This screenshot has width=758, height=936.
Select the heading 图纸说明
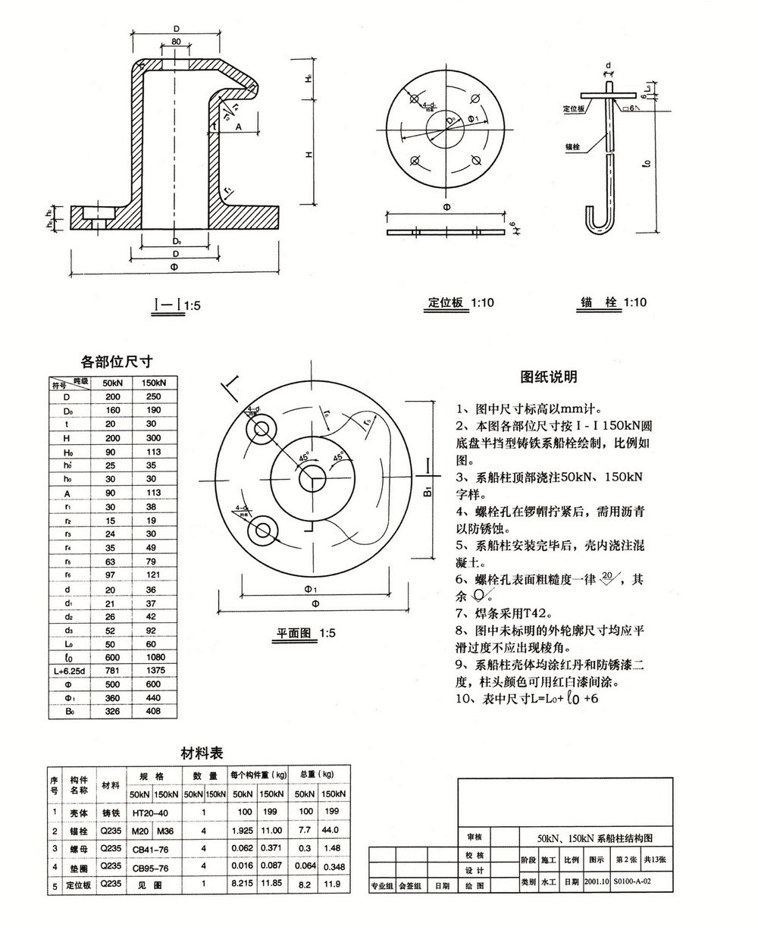point(549,377)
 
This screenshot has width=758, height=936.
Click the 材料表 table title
point(201,753)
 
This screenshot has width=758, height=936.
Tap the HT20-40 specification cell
point(151,812)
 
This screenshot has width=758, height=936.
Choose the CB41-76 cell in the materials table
point(151,849)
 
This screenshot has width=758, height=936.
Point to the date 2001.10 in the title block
point(596,882)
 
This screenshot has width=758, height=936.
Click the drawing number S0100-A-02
point(632,882)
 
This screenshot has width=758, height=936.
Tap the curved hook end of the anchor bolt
point(599,219)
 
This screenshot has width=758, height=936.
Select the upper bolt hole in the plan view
point(260,429)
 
